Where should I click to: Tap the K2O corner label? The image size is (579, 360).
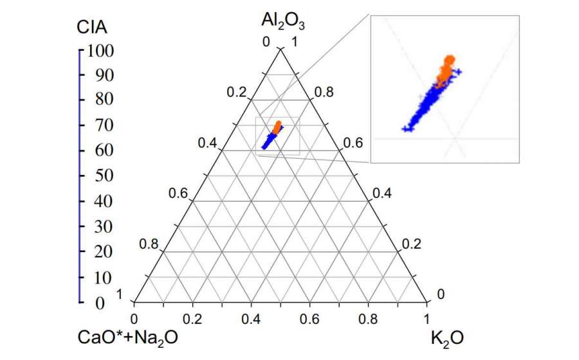(x=450, y=337)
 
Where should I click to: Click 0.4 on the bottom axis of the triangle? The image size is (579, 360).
(x=252, y=318)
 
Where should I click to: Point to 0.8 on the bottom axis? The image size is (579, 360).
(x=369, y=318)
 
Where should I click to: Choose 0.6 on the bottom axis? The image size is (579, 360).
(x=310, y=318)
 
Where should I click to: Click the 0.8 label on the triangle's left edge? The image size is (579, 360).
(x=149, y=244)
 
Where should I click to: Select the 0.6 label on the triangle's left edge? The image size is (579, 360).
(x=178, y=194)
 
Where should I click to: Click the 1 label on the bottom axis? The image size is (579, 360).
(x=426, y=318)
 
